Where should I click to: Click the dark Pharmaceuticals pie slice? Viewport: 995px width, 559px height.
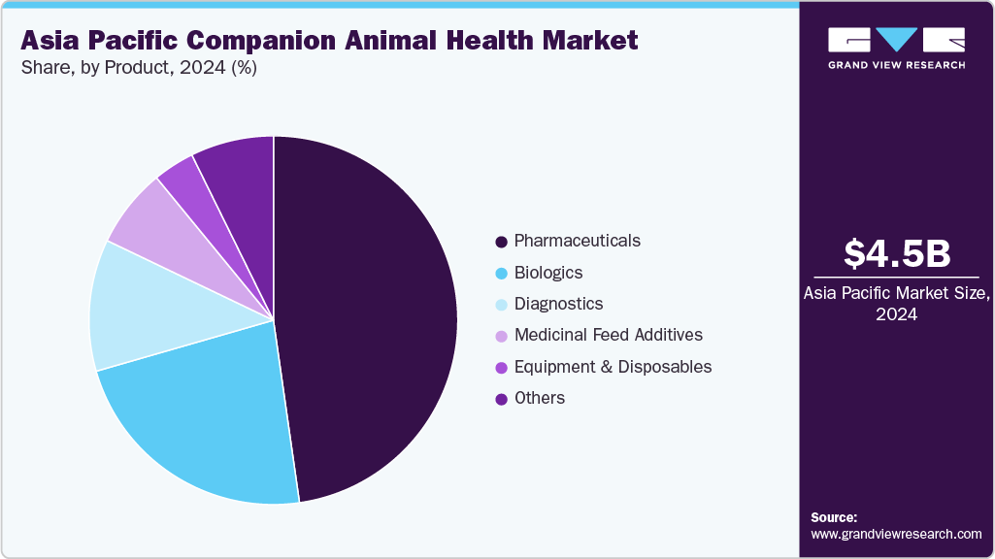pos(369,311)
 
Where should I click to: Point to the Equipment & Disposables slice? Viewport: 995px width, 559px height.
pos(184,180)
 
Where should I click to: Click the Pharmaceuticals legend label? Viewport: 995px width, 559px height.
pos(577,241)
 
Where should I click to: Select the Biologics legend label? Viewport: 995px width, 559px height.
pos(547,273)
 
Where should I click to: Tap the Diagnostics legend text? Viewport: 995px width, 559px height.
pos(558,304)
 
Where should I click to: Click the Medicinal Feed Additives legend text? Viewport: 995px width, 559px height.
pos(608,335)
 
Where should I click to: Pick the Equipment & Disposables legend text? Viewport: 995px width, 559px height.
pos(613,367)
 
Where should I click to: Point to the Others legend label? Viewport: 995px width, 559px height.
pos(539,398)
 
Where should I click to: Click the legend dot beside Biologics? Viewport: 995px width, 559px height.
pos(501,274)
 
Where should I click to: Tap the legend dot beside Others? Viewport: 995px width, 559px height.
pos(501,399)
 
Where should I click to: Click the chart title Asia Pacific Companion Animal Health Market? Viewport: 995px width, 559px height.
pos(329,41)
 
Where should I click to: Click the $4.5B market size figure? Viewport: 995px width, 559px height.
pos(896,253)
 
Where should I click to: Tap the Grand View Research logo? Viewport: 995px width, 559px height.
pos(896,48)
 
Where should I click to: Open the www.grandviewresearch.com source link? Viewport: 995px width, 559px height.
pos(896,534)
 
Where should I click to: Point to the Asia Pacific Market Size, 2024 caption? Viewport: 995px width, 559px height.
pos(896,305)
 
